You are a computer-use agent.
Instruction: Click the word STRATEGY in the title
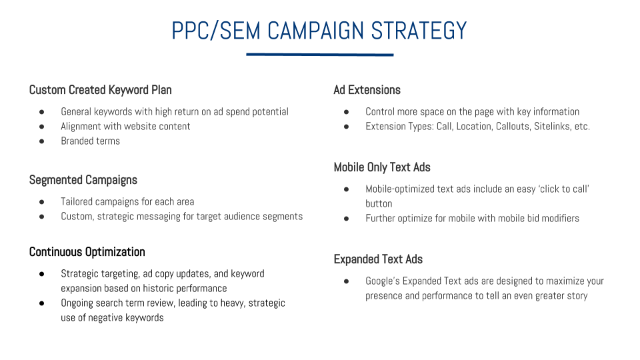(x=419, y=31)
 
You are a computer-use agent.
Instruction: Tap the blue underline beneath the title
(x=319, y=54)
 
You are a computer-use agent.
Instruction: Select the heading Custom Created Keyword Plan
(x=101, y=90)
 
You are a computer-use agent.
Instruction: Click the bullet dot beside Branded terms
(x=41, y=141)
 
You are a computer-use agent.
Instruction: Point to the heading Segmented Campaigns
(x=83, y=180)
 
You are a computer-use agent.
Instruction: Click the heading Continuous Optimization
(x=87, y=252)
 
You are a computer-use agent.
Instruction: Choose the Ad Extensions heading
(x=367, y=90)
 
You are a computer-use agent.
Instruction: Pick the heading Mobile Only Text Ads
(x=382, y=167)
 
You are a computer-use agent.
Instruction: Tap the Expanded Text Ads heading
(x=378, y=259)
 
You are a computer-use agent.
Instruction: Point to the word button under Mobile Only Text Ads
(x=379, y=204)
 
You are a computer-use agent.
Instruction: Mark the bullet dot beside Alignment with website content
(x=41, y=127)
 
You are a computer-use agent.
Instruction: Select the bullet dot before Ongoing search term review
(x=41, y=303)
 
